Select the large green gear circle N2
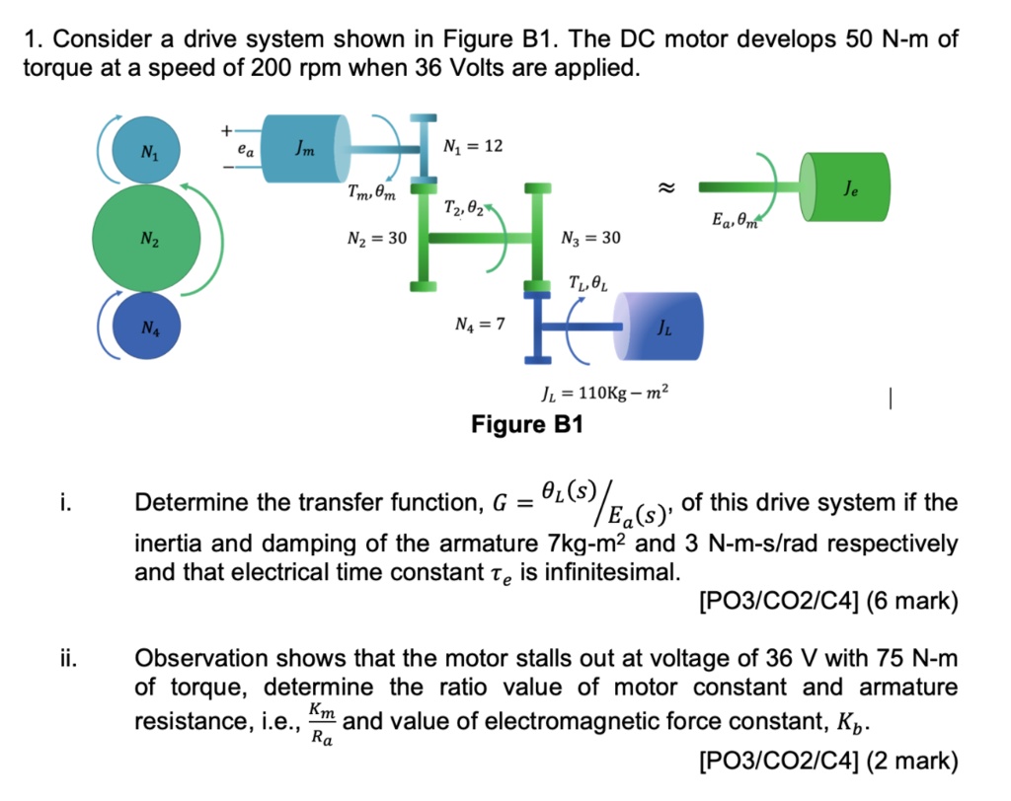pyautogui.click(x=148, y=238)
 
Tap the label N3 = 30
pyautogui.click(x=590, y=238)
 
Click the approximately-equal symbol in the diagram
pyautogui.click(x=666, y=184)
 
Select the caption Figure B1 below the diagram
pyautogui.click(x=527, y=425)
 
